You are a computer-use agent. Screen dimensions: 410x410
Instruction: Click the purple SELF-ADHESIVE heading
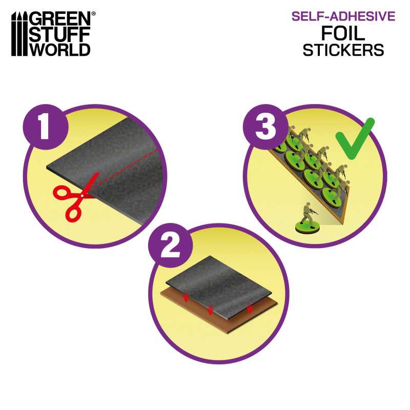tap(343, 16)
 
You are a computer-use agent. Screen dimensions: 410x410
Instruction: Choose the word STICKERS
tap(343, 50)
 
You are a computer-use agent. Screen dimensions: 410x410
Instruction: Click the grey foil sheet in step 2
tap(220, 284)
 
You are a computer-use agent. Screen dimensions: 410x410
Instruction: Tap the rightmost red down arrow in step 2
tap(250, 309)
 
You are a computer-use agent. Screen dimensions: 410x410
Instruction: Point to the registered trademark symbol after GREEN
tap(92, 13)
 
